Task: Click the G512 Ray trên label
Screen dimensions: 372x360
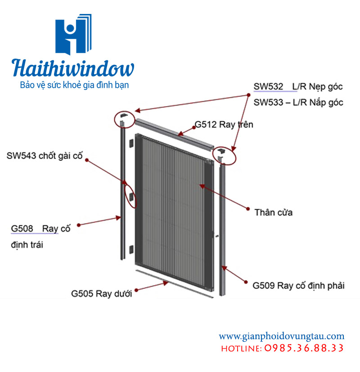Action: pos(224,125)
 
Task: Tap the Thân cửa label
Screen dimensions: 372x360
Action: pos(273,212)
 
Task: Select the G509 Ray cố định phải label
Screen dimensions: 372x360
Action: pos(298,285)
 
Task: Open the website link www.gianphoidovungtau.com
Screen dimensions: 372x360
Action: pos(282,336)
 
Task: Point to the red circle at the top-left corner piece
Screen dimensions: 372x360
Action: pos(124,118)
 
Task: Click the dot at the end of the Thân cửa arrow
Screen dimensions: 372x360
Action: pos(247,208)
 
